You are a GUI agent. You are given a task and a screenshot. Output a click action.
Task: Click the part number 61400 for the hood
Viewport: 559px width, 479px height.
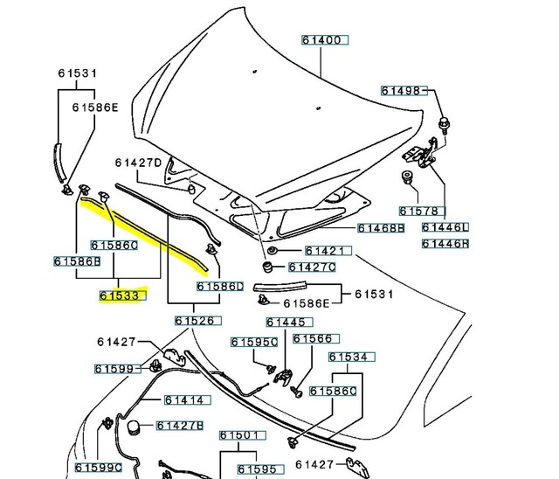point(325,40)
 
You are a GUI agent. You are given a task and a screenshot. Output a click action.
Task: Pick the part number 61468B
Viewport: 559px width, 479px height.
point(381,228)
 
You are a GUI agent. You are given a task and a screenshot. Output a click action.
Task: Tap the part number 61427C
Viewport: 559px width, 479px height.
point(312,267)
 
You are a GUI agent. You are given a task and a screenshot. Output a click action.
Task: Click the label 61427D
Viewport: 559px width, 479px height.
point(138,163)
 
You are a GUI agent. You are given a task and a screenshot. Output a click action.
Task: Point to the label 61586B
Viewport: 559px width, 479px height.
point(77,260)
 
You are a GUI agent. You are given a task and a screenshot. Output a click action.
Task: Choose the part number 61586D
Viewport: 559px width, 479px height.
point(220,286)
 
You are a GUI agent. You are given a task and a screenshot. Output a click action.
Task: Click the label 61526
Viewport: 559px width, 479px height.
point(194,321)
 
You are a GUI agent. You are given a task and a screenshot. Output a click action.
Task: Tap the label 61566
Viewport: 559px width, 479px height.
point(312,338)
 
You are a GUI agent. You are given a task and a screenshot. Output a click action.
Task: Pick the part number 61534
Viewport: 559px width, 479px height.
point(352,357)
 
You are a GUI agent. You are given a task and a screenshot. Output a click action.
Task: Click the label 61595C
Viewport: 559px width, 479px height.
point(254,342)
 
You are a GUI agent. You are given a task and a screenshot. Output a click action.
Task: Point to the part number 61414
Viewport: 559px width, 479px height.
point(184,400)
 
